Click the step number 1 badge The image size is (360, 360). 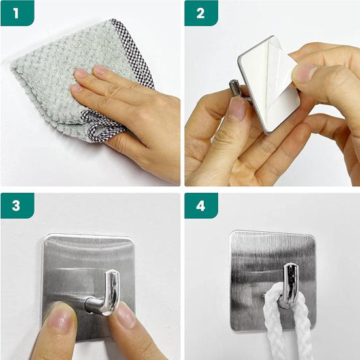click(14, 12)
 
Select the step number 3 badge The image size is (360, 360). click(14, 205)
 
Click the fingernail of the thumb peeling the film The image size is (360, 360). click(304, 72)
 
